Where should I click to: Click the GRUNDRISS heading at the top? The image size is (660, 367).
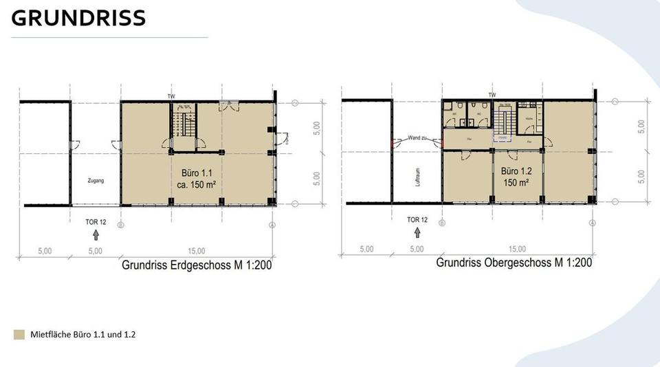pyautogui.click(x=78, y=19)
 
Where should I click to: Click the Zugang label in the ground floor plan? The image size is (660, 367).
pyautogui.click(x=96, y=181)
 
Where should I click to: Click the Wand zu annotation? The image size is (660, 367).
pyautogui.click(x=419, y=137)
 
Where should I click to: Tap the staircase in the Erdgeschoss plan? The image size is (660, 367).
pyautogui.click(x=184, y=126)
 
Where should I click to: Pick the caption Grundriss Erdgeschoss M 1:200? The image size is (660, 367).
pyautogui.click(x=197, y=265)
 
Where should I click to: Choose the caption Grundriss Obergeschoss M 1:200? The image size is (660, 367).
pyautogui.click(x=514, y=263)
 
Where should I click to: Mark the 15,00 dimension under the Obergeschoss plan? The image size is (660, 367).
pyautogui.click(x=517, y=249)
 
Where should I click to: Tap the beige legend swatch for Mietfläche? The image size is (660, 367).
pyautogui.click(x=19, y=335)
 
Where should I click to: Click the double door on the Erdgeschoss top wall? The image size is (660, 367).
pyautogui.click(x=229, y=106)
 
